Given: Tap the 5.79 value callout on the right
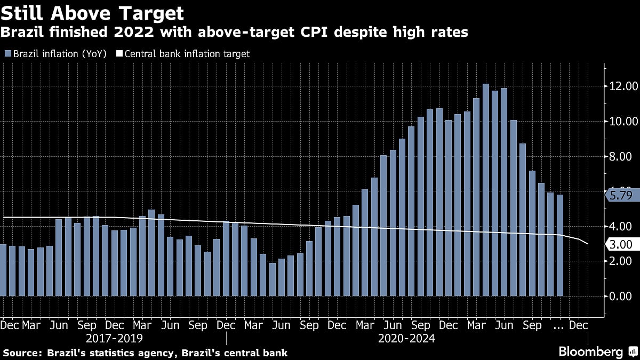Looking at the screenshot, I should (621, 195).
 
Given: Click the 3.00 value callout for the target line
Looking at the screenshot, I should (621, 244).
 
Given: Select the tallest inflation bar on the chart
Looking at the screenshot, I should (486, 190).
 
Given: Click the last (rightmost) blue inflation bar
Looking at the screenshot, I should (559, 245).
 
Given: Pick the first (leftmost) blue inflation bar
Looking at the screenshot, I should (3, 270).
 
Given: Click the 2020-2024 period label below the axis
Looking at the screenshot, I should (406, 338).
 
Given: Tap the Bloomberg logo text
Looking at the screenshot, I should (590, 352).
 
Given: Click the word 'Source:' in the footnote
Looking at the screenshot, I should (23, 353).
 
